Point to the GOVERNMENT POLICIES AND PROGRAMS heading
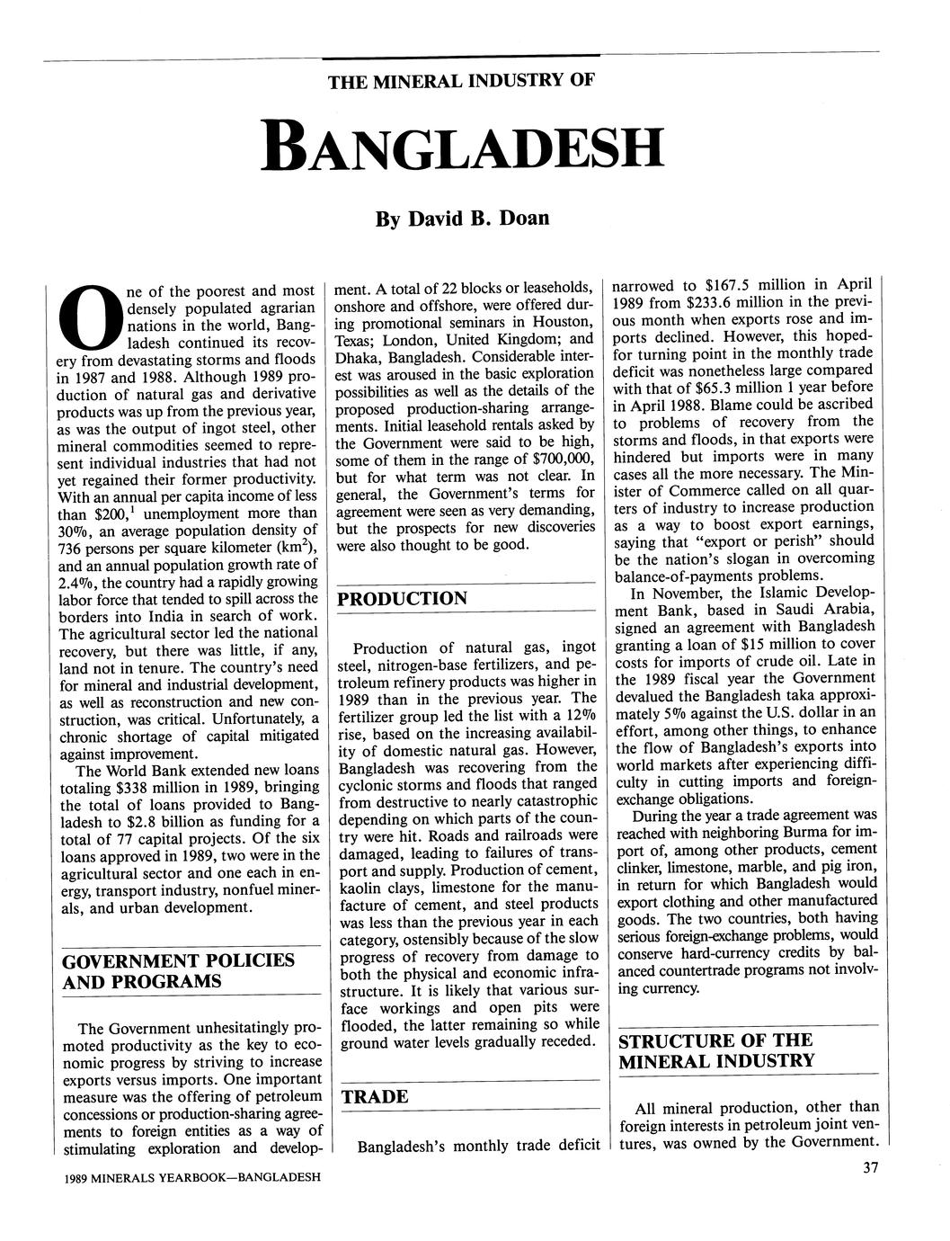click(177, 970)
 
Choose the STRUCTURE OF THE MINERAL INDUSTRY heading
click(715, 1050)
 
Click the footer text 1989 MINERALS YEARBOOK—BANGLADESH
click(187, 1177)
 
